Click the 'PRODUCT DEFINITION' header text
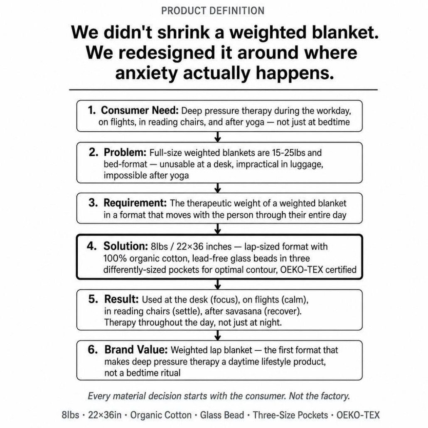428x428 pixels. coord(213,11)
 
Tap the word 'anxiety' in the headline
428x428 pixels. coord(146,73)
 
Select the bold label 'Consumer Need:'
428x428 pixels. coord(140,110)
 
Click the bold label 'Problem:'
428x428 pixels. coord(125,153)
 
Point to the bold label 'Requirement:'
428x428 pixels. coord(135,203)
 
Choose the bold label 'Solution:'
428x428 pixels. coord(125,246)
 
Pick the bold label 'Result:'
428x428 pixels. coord(121,299)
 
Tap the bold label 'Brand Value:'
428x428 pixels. coord(135,349)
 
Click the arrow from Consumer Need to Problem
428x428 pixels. coord(218,137)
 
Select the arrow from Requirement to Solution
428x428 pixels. coord(218,229)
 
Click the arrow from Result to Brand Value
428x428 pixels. coord(218,335)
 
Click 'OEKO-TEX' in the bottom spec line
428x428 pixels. coord(358,415)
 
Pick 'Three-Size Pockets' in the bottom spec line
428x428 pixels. coord(290,415)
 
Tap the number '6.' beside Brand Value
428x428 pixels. coord(93,349)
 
